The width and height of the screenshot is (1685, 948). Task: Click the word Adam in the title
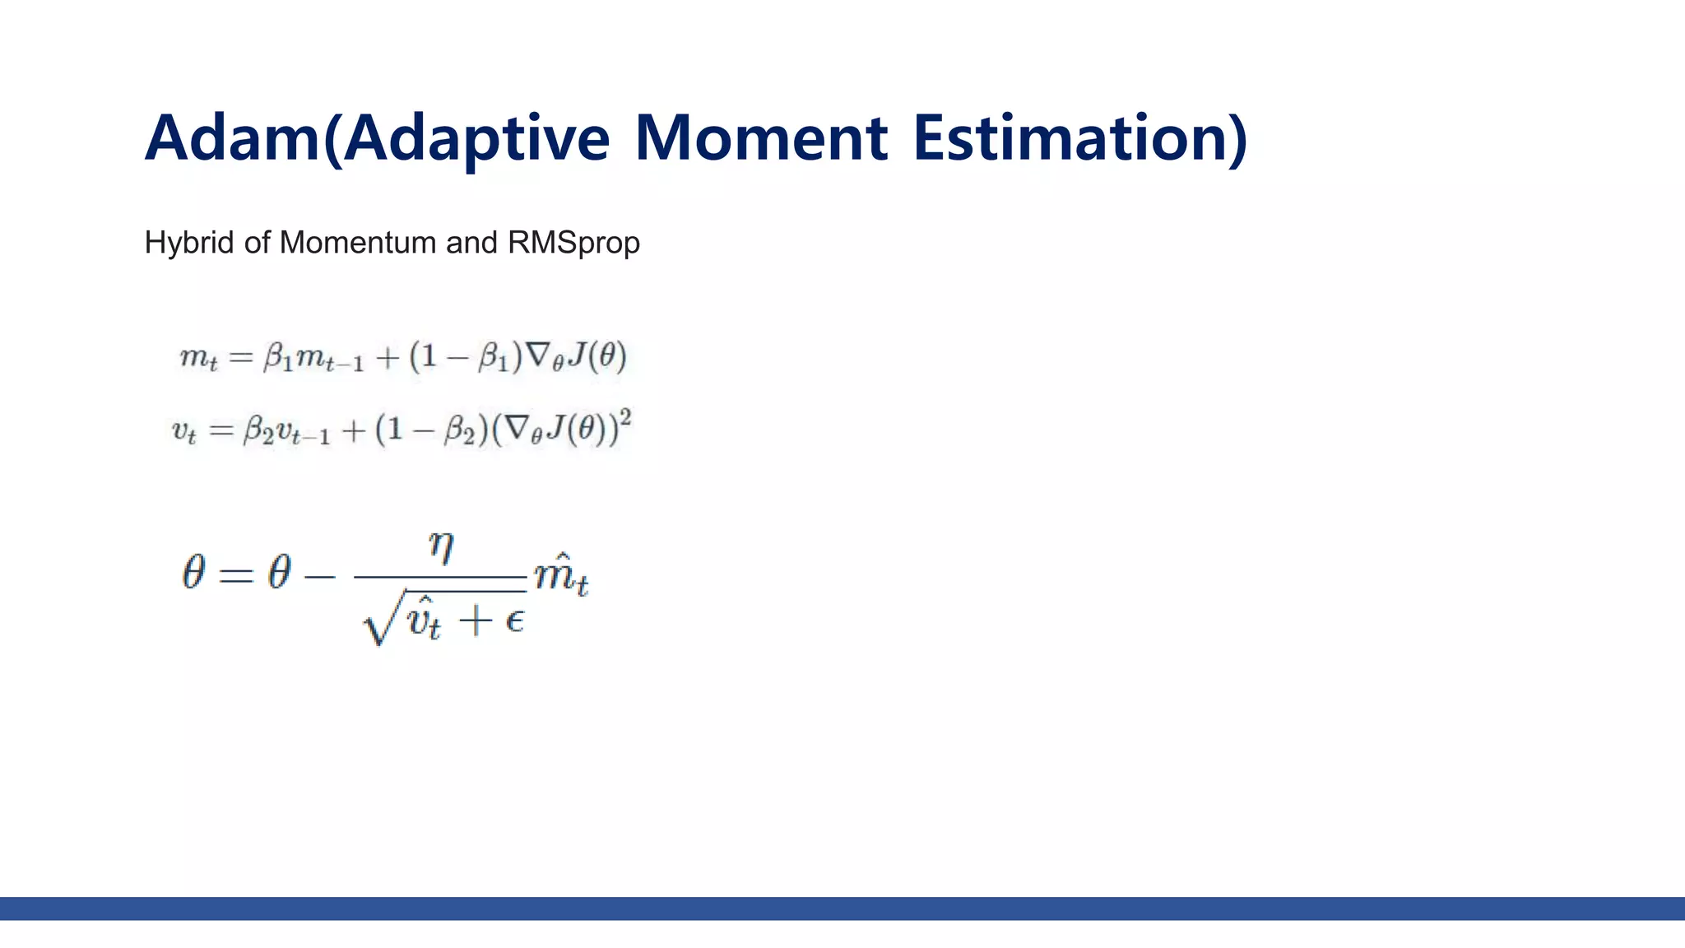click(232, 138)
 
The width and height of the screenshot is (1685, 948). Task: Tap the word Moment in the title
click(761, 138)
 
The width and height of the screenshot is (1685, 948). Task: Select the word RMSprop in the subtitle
click(573, 244)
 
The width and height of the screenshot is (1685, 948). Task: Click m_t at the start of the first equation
click(198, 359)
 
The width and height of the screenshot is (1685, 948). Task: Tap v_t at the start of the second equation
click(183, 431)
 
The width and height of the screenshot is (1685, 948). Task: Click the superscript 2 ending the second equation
click(625, 418)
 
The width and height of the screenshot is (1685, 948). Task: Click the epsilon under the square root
click(514, 619)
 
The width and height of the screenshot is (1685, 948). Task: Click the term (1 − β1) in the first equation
click(466, 357)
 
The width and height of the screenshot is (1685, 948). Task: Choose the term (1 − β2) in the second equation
click(431, 430)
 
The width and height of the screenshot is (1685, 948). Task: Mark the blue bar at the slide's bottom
click(842, 908)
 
